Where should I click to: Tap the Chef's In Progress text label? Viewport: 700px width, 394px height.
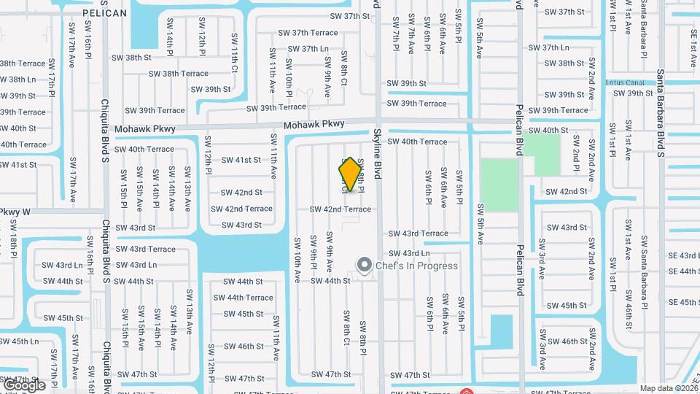(x=417, y=266)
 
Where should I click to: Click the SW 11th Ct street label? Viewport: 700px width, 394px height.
(x=235, y=58)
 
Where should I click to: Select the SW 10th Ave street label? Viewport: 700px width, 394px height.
(x=297, y=260)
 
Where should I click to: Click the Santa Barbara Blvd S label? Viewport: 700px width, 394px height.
(x=660, y=113)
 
